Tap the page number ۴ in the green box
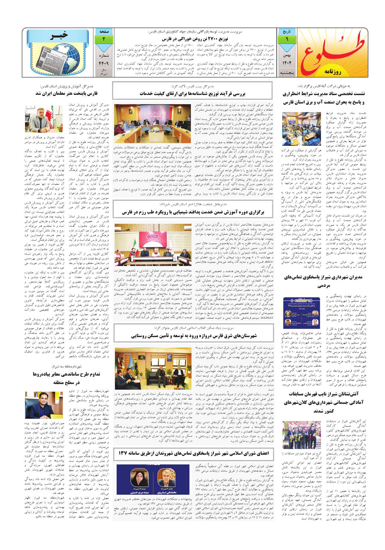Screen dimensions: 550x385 [x=103, y=39]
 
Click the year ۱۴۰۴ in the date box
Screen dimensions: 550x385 [x=287, y=62]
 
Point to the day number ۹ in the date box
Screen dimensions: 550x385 [x=287, y=39]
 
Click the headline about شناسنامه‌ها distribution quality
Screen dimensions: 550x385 [x=192, y=94]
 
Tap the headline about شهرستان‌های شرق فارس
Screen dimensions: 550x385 [x=192, y=335]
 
